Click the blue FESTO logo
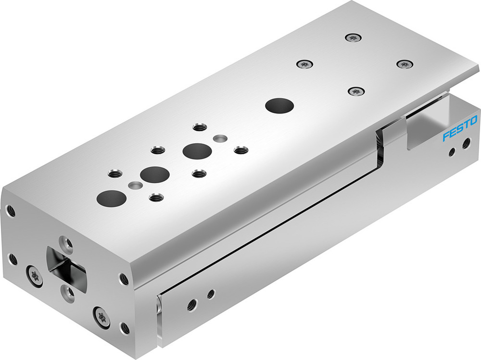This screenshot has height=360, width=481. [x=460, y=128]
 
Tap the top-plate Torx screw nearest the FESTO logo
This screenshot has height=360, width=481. [x=405, y=63]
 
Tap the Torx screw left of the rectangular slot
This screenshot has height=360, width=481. [x=35, y=276]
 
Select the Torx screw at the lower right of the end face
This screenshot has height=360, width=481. [x=101, y=315]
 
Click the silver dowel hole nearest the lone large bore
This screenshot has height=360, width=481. [x=220, y=139]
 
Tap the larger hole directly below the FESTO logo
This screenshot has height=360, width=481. [x=466, y=143]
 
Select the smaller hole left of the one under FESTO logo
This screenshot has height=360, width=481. [x=451, y=152]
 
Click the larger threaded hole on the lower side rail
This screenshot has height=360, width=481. [x=191, y=304]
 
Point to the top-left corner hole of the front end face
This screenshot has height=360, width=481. [x=10, y=210]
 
